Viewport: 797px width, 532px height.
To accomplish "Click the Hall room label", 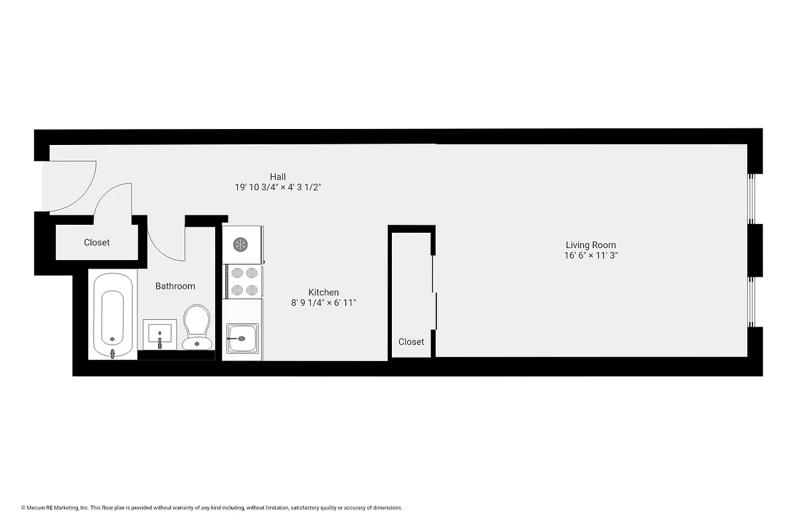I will tap(278, 176).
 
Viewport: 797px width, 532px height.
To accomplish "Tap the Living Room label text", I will tap(590, 245).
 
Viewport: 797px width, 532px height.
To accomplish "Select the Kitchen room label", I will tap(323, 293).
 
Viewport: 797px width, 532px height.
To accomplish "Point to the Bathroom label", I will tap(175, 286).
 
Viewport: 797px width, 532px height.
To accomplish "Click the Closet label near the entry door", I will tap(97, 243).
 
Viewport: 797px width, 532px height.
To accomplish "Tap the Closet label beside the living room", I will tap(411, 342).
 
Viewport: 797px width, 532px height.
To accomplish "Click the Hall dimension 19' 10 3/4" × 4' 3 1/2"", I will tap(278, 188).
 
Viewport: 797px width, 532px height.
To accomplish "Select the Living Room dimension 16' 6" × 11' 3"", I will tap(590, 255).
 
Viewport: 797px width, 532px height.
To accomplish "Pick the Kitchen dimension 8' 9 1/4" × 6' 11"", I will tap(323, 303).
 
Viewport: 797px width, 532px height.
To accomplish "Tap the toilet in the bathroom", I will tap(197, 327).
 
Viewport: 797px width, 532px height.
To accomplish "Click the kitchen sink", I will tap(241, 338).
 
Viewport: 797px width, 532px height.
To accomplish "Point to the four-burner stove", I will tap(242, 281).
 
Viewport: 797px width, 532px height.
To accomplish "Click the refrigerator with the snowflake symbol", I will tap(241, 244).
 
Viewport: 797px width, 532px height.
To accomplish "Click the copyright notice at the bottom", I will tap(212, 508).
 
